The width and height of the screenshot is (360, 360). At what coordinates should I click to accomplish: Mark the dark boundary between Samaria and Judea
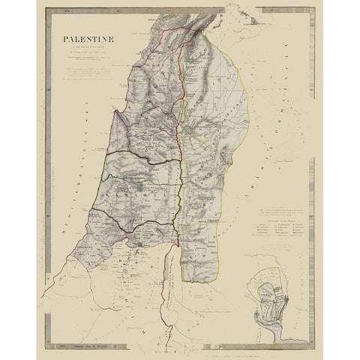coord(142,217)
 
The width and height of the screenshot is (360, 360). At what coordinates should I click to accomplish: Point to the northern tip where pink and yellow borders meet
coord(199,38)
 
